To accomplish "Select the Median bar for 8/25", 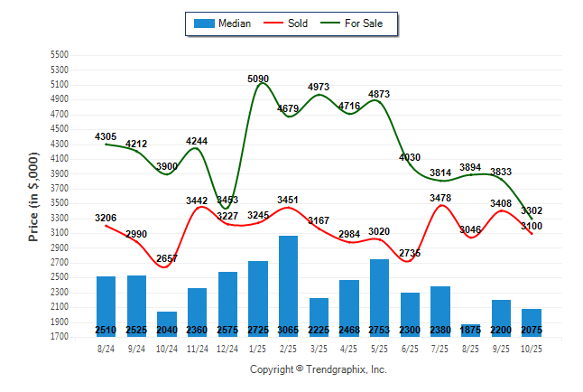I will tap(470, 330).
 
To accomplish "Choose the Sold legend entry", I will tap(288, 23).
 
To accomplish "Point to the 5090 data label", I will tap(258, 79).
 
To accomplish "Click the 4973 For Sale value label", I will tap(319, 87).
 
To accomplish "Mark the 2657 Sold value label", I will tap(167, 258).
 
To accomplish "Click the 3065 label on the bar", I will tap(289, 331).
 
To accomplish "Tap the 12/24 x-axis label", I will tap(227, 349).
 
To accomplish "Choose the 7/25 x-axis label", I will tap(440, 349).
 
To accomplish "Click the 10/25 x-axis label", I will tap(531, 349).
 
